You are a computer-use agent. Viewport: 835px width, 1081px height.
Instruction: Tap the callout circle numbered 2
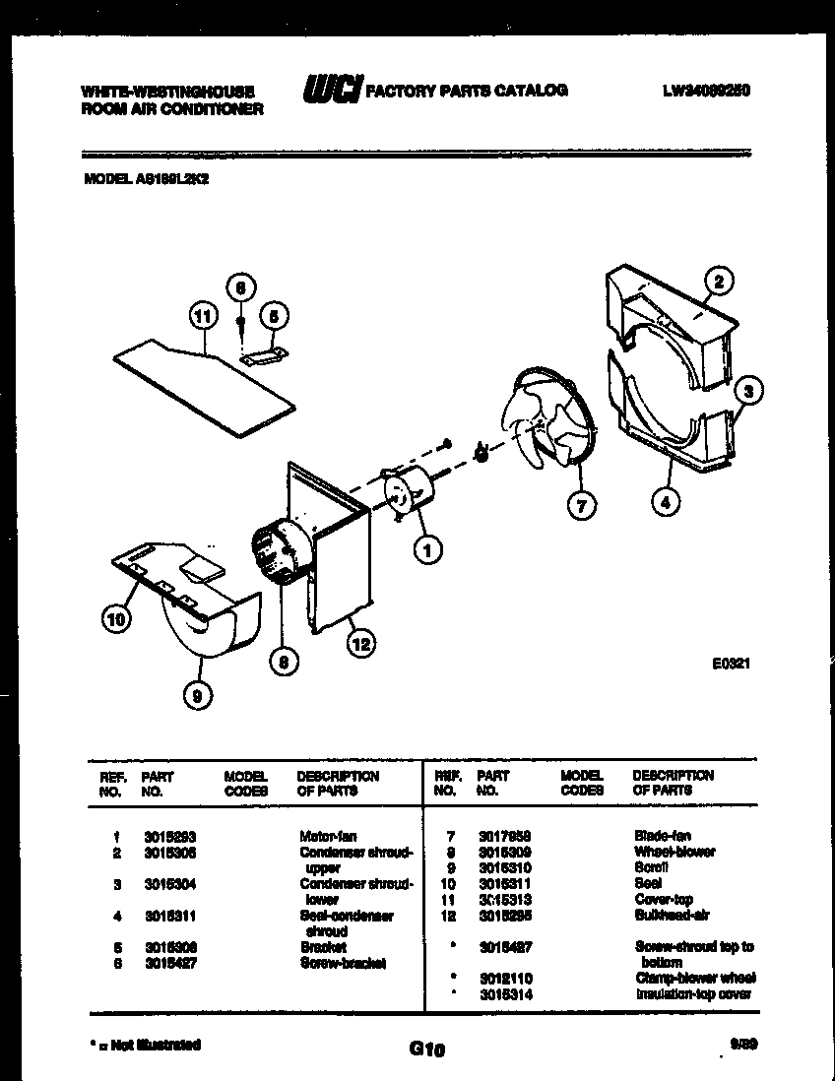[719, 282]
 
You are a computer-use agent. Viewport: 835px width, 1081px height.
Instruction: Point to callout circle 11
[202, 316]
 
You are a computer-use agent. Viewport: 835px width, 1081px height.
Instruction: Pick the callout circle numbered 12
[360, 643]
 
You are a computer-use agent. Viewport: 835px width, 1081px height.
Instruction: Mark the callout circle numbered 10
[115, 619]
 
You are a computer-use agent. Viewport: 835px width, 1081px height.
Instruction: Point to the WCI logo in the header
[331, 90]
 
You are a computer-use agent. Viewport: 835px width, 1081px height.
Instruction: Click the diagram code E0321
[732, 664]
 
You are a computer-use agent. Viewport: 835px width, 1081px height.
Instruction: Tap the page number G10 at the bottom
[425, 1049]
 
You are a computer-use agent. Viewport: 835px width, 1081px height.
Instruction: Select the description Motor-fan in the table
[328, 836]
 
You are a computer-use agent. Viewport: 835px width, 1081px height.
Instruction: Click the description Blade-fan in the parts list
[663, 836]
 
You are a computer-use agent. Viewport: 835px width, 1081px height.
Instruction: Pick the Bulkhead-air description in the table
[667, 915]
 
